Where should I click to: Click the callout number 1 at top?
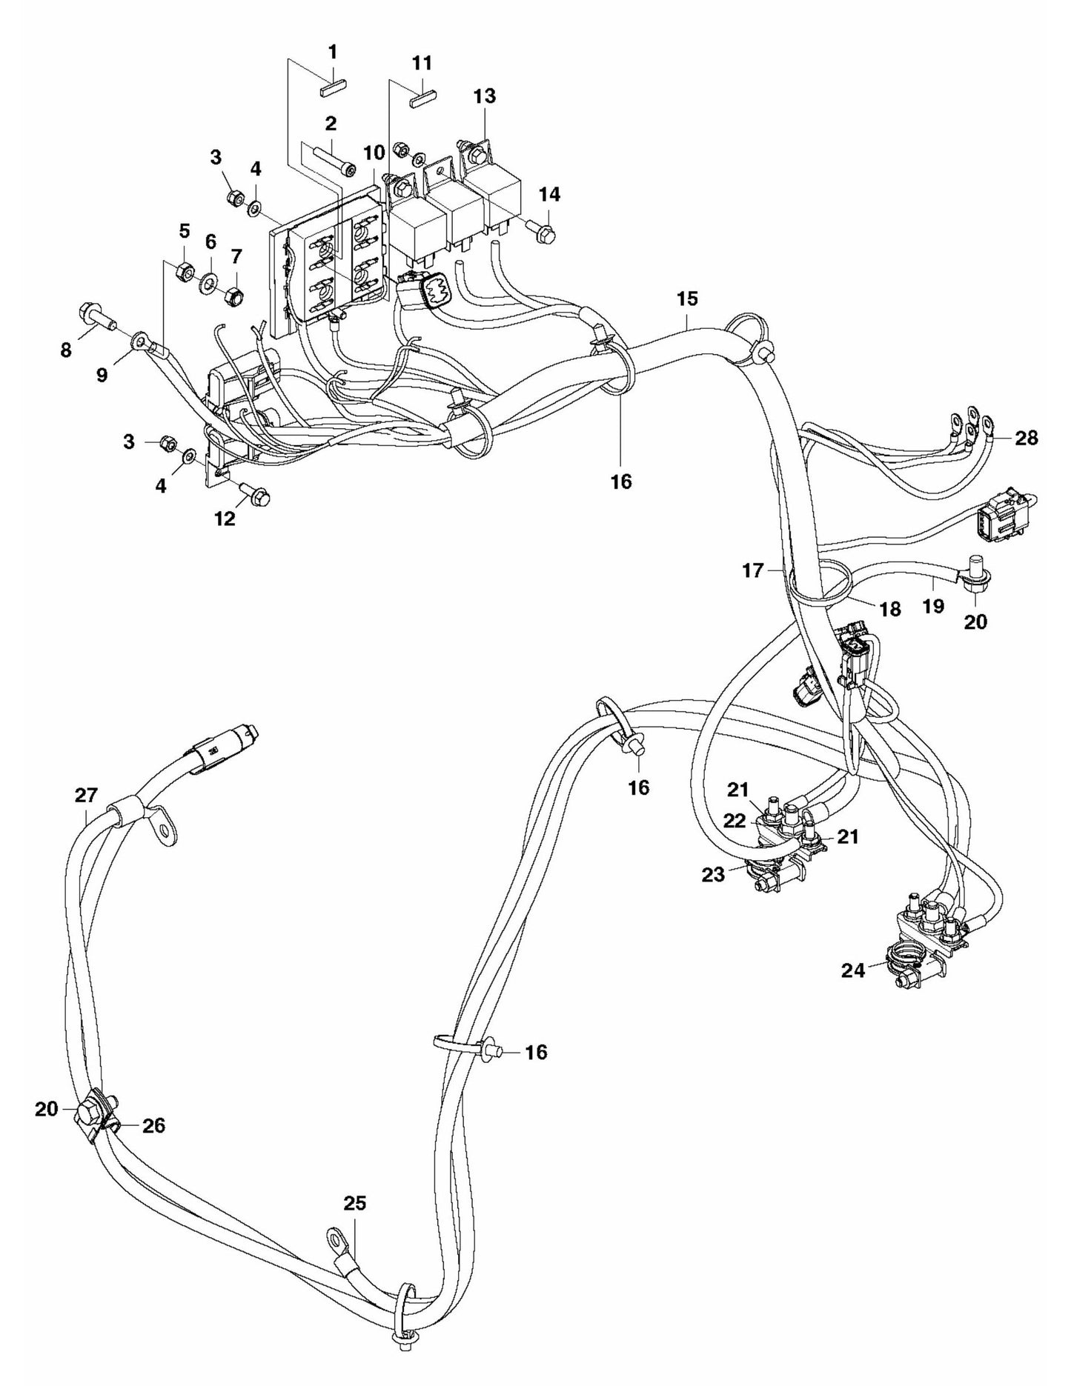333,52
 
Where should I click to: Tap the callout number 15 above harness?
686,299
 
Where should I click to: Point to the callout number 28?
1027,438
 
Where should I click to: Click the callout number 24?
853,970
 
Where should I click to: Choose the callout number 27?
86,796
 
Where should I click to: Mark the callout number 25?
355,1203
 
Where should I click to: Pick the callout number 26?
153,1126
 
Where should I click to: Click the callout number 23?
714,875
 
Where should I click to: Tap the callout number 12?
225,519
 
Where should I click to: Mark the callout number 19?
933,606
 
